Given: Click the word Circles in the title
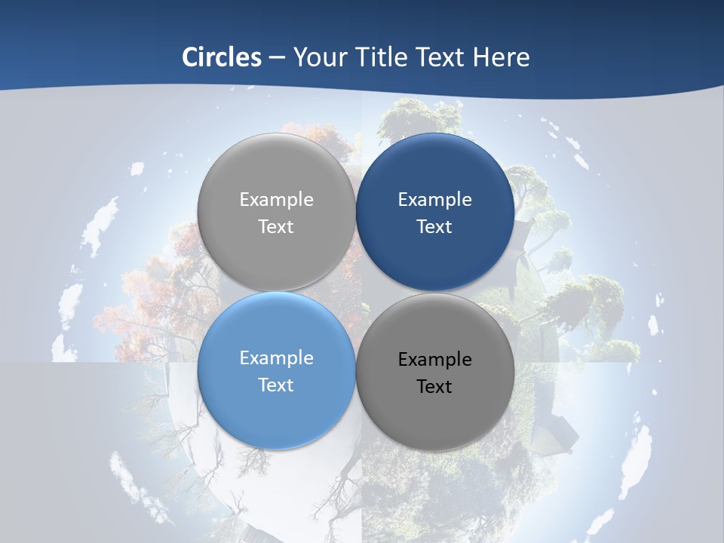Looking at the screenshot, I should [x=222, y=57].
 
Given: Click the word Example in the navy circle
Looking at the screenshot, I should [x=435, y=200].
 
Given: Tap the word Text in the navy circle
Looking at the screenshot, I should [x=434, y=227].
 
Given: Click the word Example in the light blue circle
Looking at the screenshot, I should [x=276, y=358].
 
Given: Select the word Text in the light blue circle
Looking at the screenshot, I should [x=276, y=385].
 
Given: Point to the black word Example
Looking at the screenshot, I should [x=435, y=360].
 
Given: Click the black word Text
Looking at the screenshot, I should [x=434, y=387].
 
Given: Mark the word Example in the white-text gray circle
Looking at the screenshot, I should [x=276, y=200].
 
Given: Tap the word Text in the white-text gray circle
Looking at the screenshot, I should [x=276, y=227].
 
